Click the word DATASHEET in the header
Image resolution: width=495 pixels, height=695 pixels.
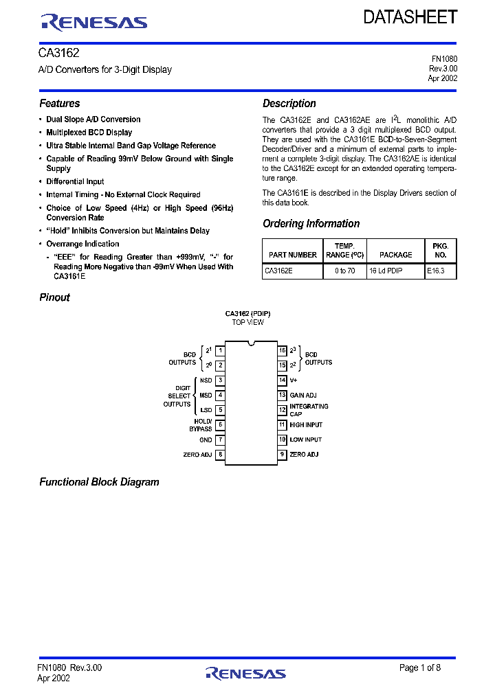coord(410,18)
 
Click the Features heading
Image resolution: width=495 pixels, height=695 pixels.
coord(60,104)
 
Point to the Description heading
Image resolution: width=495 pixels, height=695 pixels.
coord(289,104)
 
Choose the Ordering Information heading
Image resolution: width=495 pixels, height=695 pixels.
coord(311,224)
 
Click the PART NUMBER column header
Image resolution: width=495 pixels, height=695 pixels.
coord(293,255)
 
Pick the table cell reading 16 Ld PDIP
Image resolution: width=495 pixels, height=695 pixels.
coord(386,271)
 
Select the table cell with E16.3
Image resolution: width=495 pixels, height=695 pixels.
coord(436,271)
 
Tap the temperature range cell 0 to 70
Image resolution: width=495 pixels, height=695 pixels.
coord(344,271)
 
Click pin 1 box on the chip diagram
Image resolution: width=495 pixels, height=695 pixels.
coord(220,350)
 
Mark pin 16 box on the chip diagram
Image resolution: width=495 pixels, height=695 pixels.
coord(282,350)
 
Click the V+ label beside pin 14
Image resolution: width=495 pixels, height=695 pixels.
coord(294,380)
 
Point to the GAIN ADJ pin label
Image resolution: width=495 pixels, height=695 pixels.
coord(303,395)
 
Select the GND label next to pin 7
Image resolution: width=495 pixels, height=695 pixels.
coord(206,440)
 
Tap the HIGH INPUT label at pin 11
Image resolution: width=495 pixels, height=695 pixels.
coord(306,425)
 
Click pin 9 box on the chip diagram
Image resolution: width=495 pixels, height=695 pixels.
coord(282,455)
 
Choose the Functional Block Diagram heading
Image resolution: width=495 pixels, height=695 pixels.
coord(99,482)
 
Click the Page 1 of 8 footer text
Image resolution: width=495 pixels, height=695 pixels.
coord(420,668)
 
